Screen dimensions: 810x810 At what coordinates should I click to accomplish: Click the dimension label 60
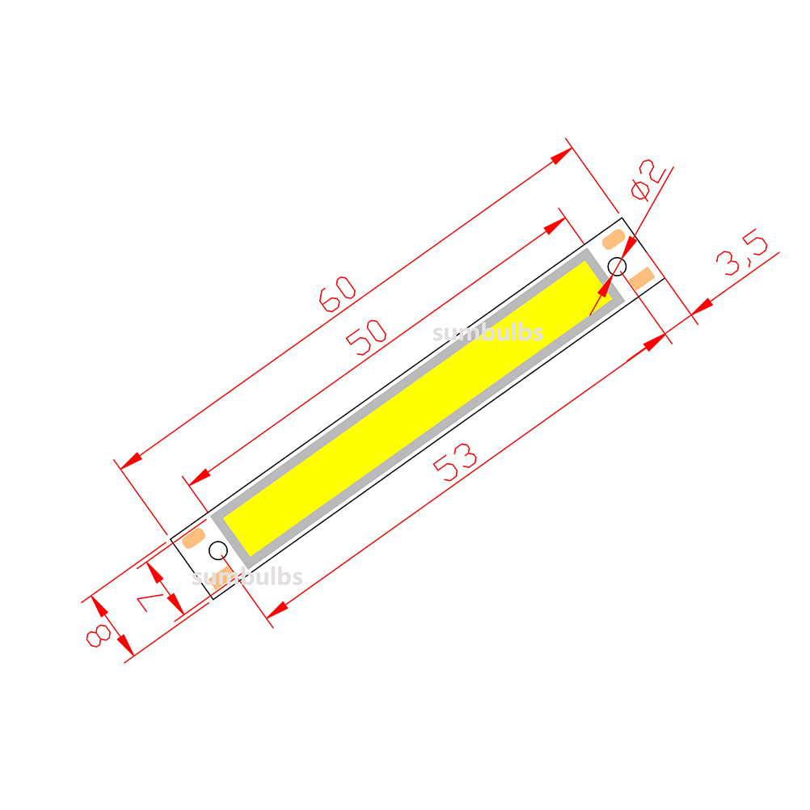337,294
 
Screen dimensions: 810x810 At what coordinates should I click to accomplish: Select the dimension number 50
366,338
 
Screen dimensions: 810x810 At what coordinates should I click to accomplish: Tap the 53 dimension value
455,462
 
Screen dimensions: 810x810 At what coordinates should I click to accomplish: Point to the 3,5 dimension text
742,252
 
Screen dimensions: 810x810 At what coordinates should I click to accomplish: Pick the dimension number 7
150,602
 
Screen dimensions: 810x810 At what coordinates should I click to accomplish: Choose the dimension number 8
98,636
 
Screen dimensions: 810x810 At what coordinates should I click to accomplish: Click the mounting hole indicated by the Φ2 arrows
617,267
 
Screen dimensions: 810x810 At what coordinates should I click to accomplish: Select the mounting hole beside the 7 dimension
218,551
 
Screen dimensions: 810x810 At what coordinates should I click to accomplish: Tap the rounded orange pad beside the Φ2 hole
614,240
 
